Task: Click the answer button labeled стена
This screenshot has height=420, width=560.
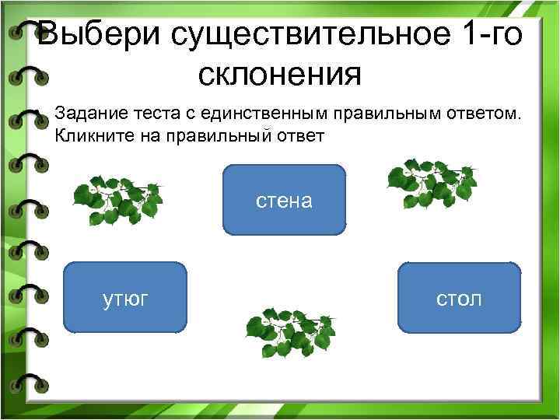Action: (284, 200)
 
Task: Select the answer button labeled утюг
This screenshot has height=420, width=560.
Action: (124, 297)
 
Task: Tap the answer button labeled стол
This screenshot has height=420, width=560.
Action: (459, 297)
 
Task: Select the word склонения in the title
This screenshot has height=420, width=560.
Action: (279, 75)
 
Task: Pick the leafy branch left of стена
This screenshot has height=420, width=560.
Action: (117, 199)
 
